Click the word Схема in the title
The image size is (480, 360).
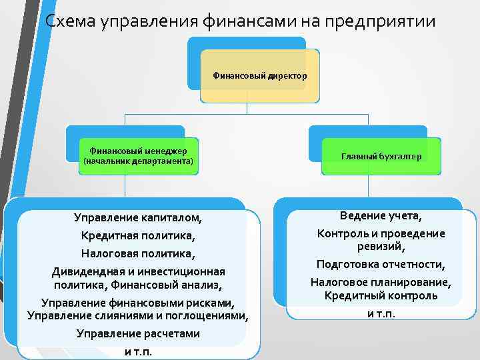[x=71, y=21]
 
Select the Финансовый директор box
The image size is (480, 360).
[x=260, y=76]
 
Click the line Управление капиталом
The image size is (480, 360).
[x=137, y=217]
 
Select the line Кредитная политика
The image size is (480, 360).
[x=137, y=235]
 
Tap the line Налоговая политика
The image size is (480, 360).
[x=137, y=254]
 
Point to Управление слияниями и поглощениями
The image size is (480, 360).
[x=137, y=315]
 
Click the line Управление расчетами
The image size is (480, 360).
[x=137, y=333]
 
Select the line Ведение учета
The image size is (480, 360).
[x=381, y=216]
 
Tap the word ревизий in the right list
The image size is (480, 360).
[x=381, y=246]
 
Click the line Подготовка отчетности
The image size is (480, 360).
[x=381, y=264]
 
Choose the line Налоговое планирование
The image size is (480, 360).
[x=381, y=282]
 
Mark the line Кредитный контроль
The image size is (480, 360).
[x=381, y=295]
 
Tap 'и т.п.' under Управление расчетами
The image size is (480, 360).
[x=137, y=351]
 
